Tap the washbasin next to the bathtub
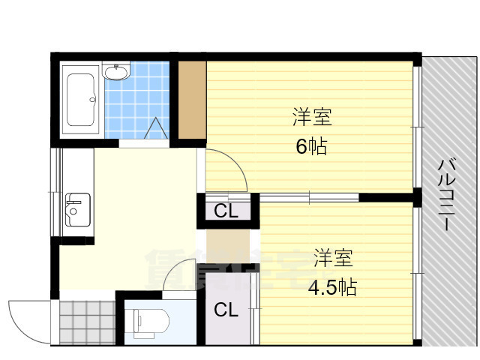click(116, 72)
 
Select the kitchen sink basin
click(78, 210)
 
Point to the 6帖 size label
click(312, 146)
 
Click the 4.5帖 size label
click(332, 287)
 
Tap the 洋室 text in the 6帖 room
click(312, 117)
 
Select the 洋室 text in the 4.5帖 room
click(333, 258)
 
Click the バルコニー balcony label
click(446, 195)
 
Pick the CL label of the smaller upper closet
click(226, 211)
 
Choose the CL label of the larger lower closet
click(226, 310)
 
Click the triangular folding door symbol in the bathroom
click(156, 128)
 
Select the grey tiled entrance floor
click(87, 322)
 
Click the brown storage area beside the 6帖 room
click(192, 100)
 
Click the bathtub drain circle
click(92, 100)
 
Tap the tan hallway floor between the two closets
click(228, 246)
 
